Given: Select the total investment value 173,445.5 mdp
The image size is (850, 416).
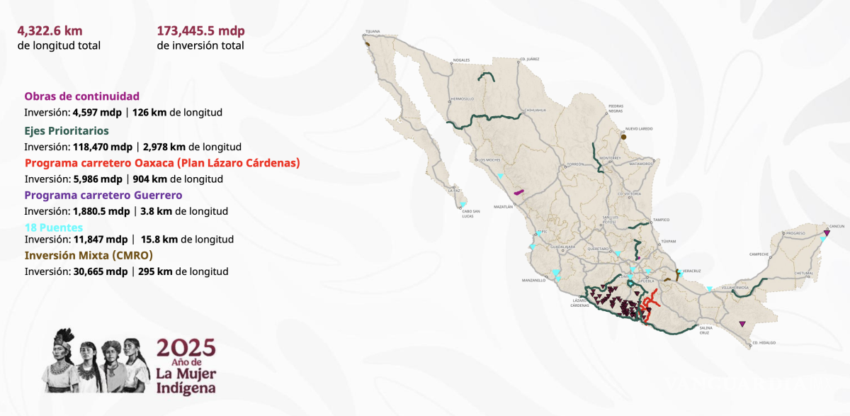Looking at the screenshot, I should (200, 31).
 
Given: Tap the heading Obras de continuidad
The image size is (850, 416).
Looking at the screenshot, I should (81, 96).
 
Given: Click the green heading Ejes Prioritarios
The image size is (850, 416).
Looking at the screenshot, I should (67, 131).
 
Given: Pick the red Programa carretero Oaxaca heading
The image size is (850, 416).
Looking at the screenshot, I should (162, 163).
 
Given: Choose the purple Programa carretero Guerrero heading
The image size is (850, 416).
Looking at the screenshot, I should (103, 195).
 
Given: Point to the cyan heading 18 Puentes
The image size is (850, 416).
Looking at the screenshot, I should (54, 227).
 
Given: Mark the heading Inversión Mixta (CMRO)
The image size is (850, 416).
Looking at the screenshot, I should (89, 255).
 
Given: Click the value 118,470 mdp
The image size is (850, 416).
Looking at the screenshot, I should (103, 147).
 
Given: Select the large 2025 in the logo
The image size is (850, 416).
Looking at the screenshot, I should (185, 347).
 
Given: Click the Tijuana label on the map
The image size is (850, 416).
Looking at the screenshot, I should (373, 32).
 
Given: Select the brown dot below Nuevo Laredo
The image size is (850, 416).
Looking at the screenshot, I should (623, 137).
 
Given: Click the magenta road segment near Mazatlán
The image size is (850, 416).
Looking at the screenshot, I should (519, 191).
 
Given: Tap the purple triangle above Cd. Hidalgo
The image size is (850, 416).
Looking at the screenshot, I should (742, 324).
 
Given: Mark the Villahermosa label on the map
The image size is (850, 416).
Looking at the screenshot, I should (735, 288).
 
